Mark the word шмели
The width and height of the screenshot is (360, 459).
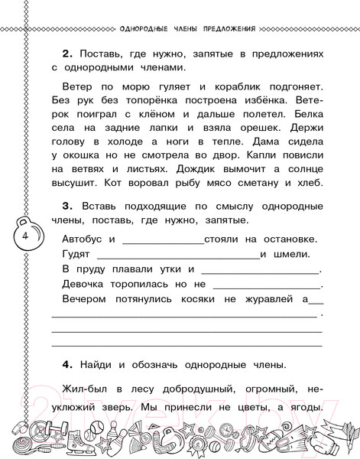(293, 255)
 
